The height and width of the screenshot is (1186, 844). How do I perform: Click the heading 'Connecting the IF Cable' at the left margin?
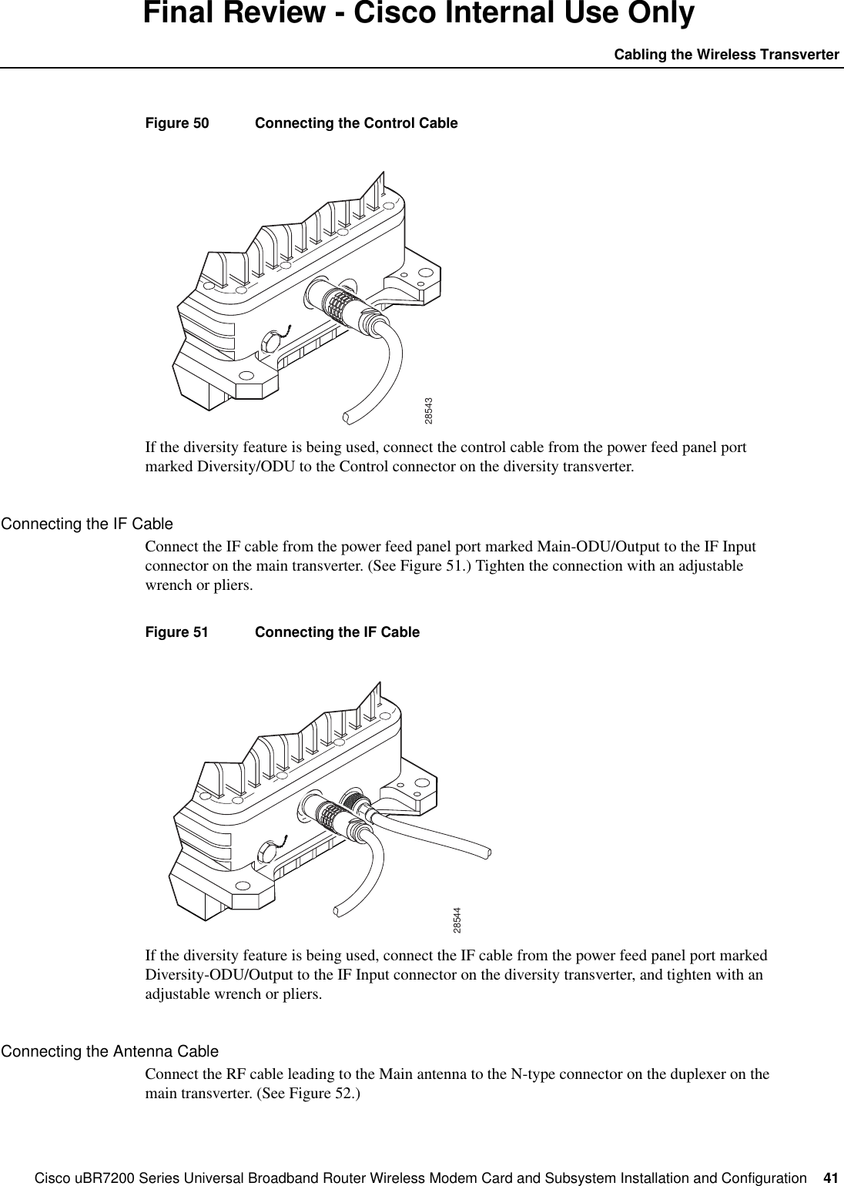(x=87, y=524)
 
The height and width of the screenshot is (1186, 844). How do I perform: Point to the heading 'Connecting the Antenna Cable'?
(x=109, y=1051)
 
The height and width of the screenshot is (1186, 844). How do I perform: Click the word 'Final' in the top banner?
(x=183, y=14)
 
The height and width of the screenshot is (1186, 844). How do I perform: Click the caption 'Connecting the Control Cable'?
(x=356, y=123)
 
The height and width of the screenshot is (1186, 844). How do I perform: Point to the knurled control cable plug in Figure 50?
(x=337, y=302)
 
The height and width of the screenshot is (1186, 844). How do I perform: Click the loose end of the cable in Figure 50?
(x=347, y=418)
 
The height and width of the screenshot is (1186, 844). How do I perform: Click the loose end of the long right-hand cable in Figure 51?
(x=487, y=853)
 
